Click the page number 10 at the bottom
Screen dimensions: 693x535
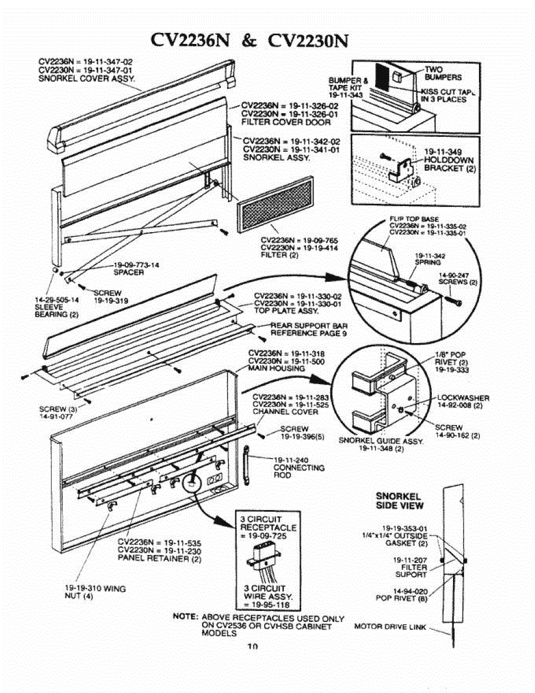click(252, 647)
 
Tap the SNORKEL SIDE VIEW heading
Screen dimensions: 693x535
click(399, 501)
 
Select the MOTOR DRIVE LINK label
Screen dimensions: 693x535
click(390, 626)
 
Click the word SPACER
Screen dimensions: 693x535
click(128, 272)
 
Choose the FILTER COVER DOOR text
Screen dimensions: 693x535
click(286, 122)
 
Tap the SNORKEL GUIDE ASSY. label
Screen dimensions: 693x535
click(381, 440)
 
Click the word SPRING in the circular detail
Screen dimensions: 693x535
click(428, 262)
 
